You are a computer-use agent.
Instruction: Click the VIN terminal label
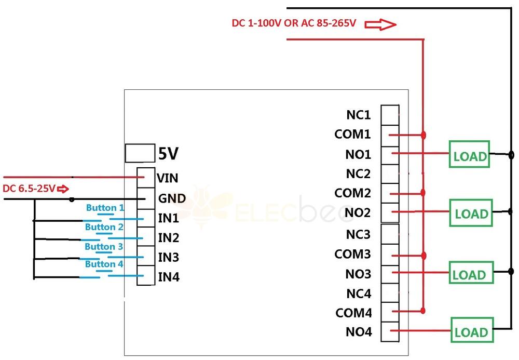168,178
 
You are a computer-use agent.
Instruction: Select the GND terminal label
172,198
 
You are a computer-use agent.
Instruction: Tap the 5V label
168,154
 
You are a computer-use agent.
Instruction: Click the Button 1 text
105,208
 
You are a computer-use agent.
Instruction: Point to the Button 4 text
104,264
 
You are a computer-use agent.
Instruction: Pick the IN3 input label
168,258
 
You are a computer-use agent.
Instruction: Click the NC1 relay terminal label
359,115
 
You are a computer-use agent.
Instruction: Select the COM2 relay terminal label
352,193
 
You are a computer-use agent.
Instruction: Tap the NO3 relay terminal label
358,274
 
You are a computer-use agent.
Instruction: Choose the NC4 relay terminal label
359,294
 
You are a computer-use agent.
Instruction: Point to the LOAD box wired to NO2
471,212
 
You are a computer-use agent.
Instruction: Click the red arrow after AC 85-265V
380,24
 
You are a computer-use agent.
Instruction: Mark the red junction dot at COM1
424,135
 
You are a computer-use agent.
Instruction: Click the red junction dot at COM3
424,256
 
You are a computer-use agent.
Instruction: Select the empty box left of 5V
140,153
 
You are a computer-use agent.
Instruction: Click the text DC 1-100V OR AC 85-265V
294,23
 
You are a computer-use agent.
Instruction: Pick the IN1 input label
168,218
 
